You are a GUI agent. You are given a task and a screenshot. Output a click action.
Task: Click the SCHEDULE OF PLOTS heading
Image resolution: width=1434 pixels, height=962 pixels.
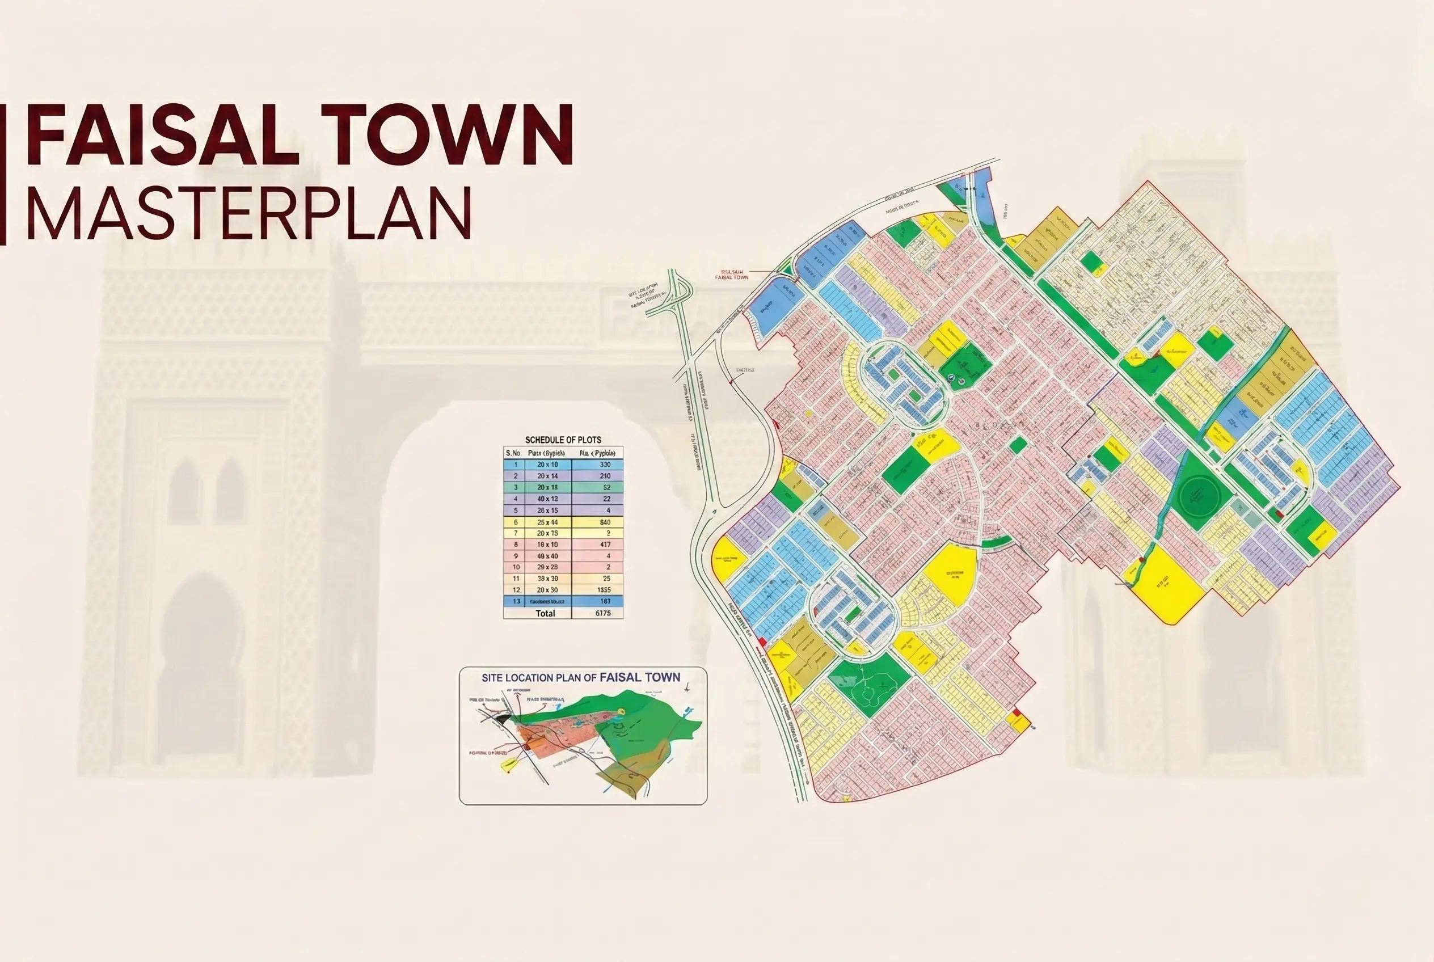(x=563, y=440)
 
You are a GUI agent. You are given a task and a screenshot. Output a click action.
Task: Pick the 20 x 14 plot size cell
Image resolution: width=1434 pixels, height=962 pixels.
(x=547, y=476)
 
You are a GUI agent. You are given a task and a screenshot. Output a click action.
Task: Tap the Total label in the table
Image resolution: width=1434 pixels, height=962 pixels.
(x=545, y=613)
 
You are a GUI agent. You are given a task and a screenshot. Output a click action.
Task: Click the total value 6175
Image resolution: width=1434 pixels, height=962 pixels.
(x=602, y=613)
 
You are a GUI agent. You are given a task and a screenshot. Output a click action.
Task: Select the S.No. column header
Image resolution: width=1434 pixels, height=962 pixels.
(x=513, y=453)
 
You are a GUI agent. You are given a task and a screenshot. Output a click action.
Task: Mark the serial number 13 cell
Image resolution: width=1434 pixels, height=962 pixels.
(x=516, y=601)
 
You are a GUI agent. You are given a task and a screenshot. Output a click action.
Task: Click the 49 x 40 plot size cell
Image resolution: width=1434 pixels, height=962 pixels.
(x=547, y=556)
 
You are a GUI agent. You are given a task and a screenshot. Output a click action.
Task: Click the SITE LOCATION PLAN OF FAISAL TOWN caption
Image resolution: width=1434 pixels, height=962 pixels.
(x=580, y=677)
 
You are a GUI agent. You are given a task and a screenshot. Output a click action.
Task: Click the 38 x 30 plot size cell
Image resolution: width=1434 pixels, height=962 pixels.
(x=547, y=579)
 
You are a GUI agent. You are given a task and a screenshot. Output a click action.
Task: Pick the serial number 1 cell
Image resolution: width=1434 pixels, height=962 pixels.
(x=516, y=465)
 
